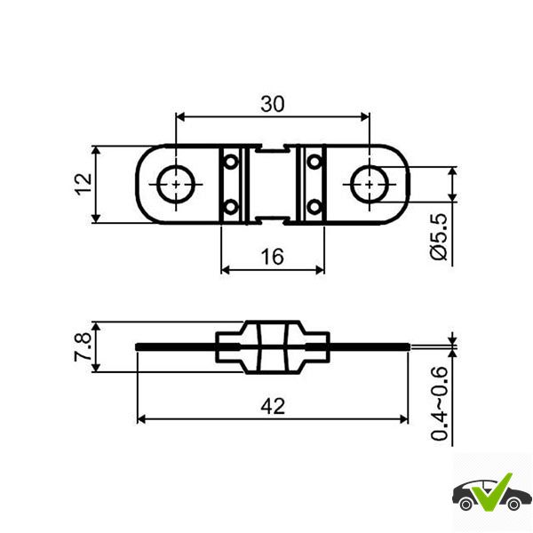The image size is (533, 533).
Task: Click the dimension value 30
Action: pyautogui.click(x=273, y=104)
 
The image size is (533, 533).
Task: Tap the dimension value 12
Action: pyautogui.click(x=84, y=184)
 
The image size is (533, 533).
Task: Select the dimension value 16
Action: pyautogui.click(x=273, y=257)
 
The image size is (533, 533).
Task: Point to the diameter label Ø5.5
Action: pyautogui.click(x=439, y=236)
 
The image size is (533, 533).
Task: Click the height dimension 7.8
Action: pyautogui.click(x=83, y=346)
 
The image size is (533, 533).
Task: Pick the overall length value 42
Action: pyautogui.click(x=273, y=407)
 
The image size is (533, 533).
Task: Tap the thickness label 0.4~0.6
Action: pyautogui.click(x=439, y=403)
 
